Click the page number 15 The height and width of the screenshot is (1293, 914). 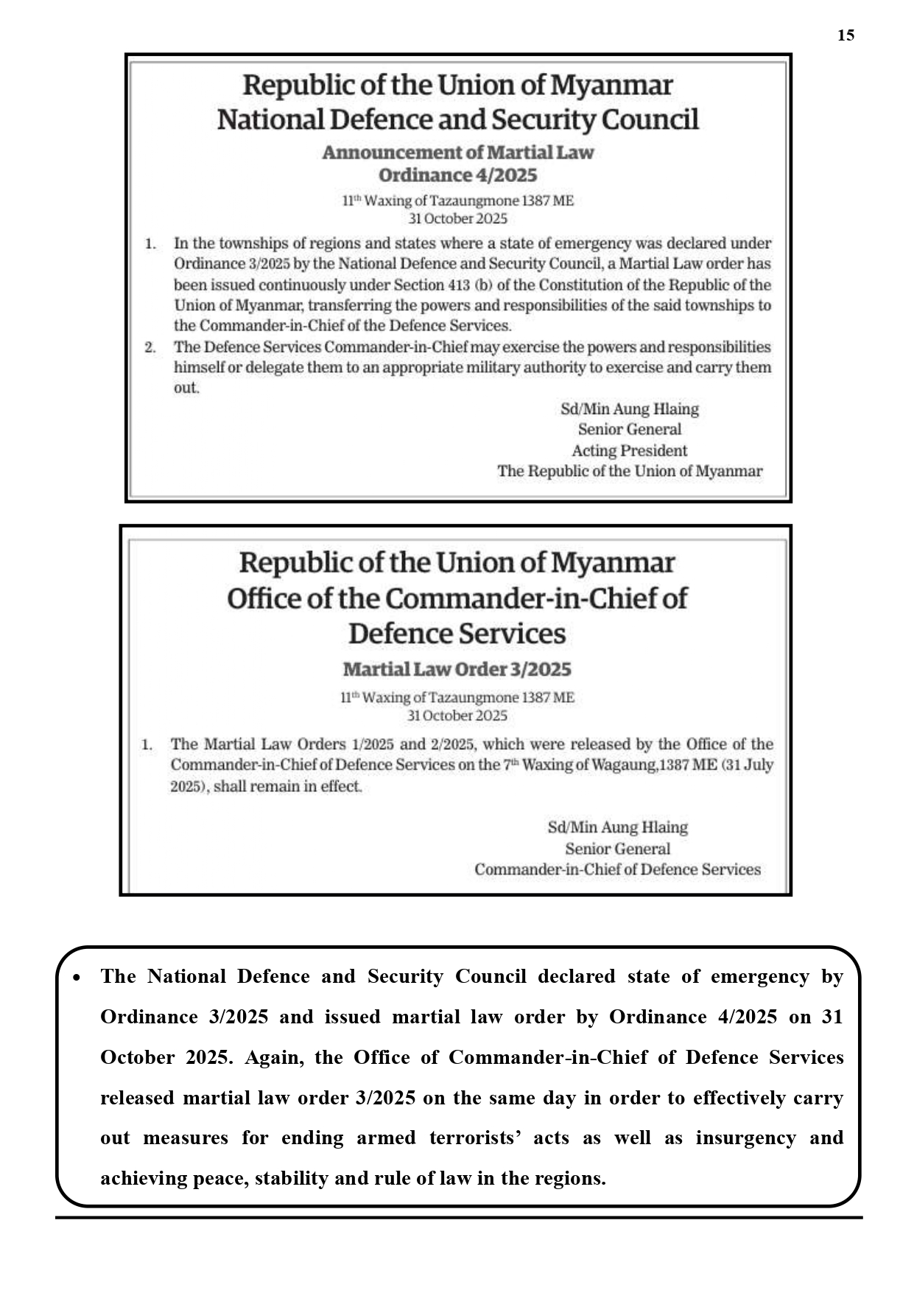click(x=846, y=35)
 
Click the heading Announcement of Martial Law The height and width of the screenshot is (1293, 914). click(x=457, y=153)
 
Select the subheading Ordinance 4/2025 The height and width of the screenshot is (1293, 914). click(x=457, y=175)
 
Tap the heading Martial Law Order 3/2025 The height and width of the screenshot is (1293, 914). click(x=457, y=669)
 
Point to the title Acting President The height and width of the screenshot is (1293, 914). click(x=629, y=450)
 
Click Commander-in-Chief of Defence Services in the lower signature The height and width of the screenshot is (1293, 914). click(x=617, y=869)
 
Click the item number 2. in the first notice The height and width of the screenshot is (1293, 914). click(x=150, y=347)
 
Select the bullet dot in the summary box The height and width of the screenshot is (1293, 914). click(x=76, y=978)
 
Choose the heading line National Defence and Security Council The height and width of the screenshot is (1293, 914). click(x=457, y=119)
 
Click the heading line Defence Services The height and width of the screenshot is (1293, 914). click(x=457, y=634)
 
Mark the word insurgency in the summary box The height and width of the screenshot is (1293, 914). click(x=745, y=1138)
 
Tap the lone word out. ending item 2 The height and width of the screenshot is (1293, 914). click(x=186, y=388)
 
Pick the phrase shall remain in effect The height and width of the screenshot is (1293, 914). click(x=287, y=786)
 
